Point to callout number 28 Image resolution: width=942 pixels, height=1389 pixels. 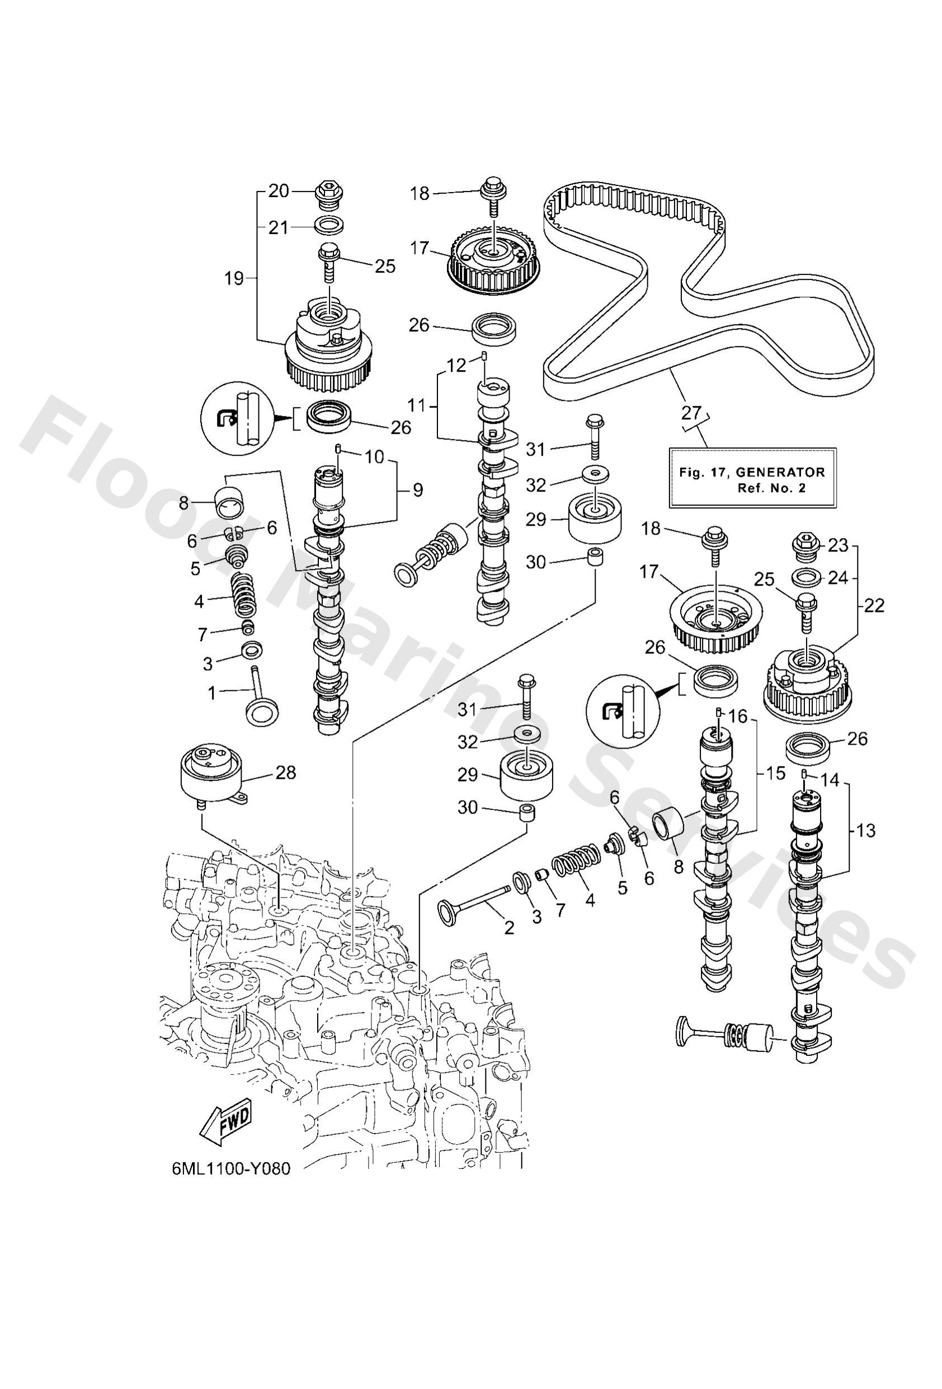pyautogui.click(x=285, y=772)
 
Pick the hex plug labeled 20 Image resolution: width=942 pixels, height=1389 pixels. pyautogui.click(x=328, y=194)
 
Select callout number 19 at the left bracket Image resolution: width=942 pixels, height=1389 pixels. pyautogui.click(x=234, y=278)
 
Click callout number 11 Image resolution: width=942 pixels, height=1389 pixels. pyautogui.click(x=417, y=405)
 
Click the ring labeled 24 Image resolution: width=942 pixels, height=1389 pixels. pyautogui.click(x=804, y=578)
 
